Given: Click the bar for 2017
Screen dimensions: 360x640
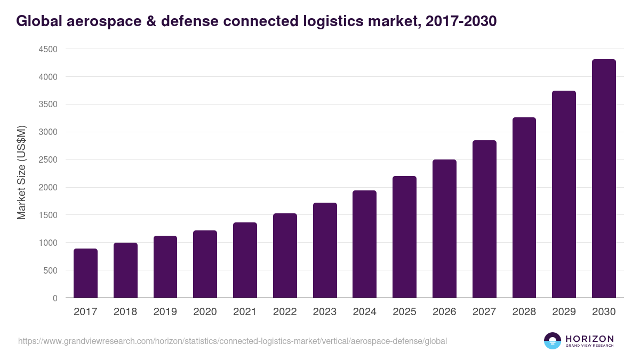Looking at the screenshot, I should (x=85, y=273).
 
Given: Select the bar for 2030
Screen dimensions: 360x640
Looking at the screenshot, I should (x=604, y=179).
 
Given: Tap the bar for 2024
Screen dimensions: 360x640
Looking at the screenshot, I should (x=364, y=244).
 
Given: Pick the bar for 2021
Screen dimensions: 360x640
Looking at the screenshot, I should (x=245, y=260).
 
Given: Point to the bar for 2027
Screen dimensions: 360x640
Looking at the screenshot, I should (x=484, y=219).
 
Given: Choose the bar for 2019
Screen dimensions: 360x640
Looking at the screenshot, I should (x=165, y=267).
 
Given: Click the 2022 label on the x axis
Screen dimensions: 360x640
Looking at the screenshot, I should (x=285, y=312).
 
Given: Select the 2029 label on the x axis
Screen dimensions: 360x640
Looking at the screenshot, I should (x=564, y=312).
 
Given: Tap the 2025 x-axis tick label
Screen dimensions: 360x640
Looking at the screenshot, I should (x=404, y=312).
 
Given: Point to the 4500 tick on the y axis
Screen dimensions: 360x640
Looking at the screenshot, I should (x=48, y=49).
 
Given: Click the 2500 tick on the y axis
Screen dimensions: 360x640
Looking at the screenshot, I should (x=48, y=160).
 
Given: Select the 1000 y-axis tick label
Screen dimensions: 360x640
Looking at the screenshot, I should (x=48, y=243).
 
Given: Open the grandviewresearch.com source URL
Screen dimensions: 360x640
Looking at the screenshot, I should (x=233, y=341).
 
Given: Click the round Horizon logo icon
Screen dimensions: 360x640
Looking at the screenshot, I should (x=553, y=341).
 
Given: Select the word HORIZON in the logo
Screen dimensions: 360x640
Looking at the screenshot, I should (x=589, y=338).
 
